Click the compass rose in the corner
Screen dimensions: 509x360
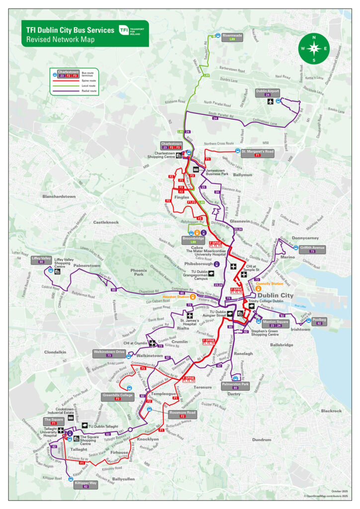click(314, 48)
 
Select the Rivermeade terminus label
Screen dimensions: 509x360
click(232, 37)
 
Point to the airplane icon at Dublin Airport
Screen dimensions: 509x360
click(270, 102)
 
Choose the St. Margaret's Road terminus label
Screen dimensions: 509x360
click(258, 153)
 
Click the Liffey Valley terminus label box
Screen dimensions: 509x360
click(41, 260)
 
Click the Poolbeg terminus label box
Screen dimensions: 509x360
click(319, 321)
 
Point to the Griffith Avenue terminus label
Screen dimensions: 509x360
click(312, 249)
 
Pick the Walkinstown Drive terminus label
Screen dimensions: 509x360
click(109, 353)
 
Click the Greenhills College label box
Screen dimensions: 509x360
click(117, 396)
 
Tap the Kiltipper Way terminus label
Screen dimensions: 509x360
click(86, 483)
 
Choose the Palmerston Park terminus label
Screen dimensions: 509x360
click(235, 385)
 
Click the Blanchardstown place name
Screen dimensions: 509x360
click(59, 197)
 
